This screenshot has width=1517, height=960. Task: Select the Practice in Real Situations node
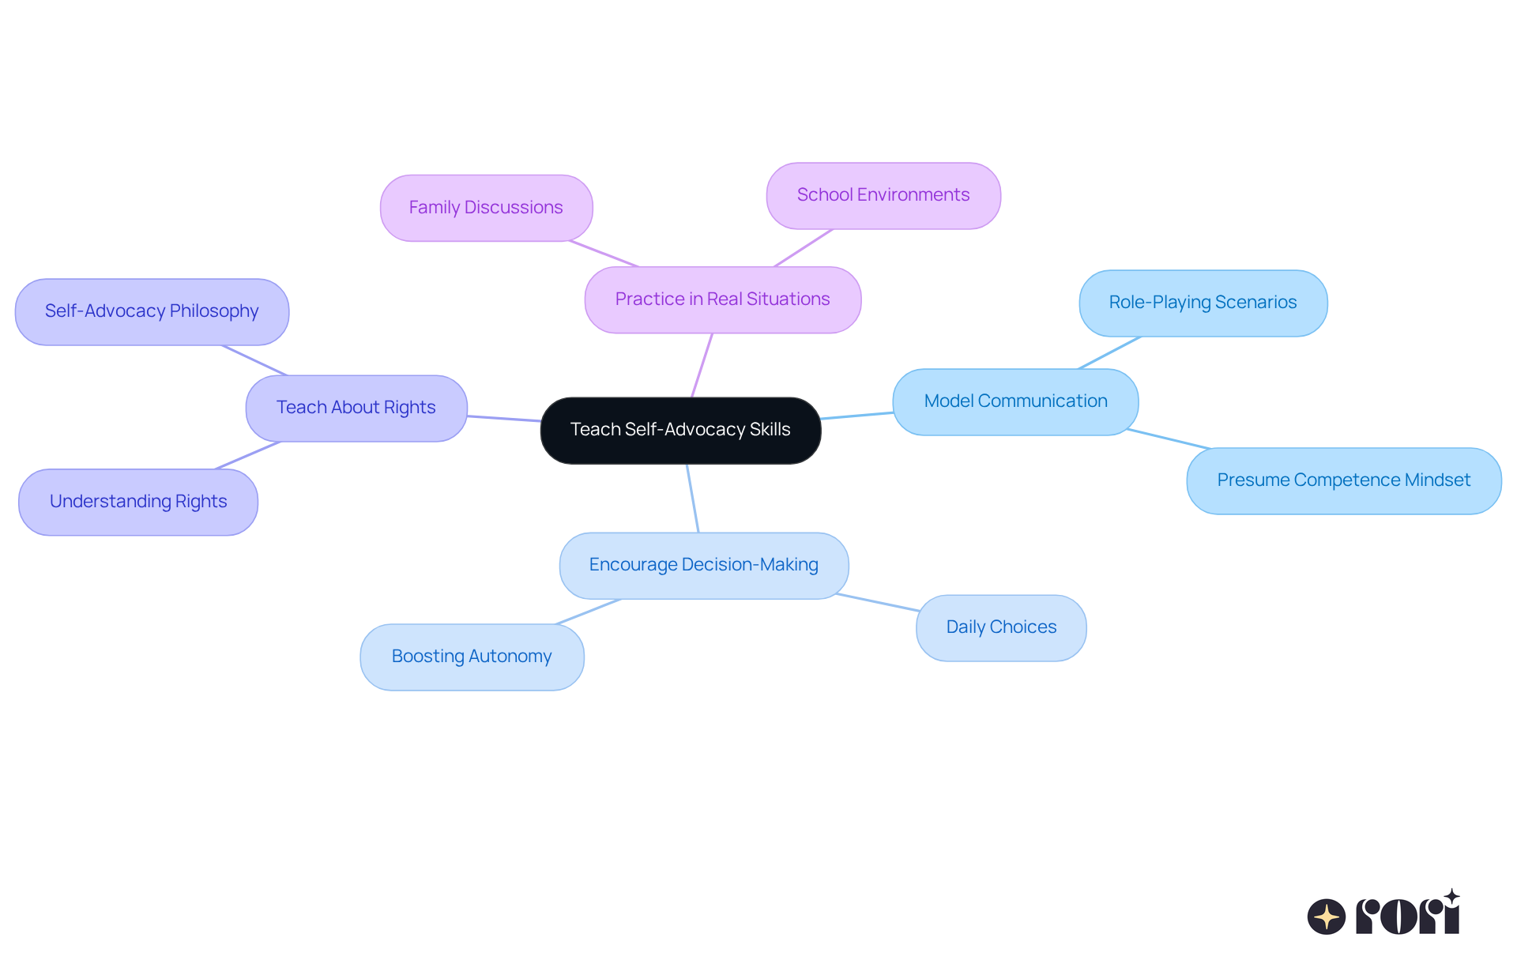722,299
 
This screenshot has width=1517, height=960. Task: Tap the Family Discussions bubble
486,208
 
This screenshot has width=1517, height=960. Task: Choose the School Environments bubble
883,195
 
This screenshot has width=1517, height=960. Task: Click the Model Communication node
1015,401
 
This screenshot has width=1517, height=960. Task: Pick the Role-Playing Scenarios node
1203,303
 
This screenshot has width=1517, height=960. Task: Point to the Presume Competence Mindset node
1343,480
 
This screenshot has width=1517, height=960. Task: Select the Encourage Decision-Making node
703,565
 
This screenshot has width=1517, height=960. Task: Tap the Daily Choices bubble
1001,627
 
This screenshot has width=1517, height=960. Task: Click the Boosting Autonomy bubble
472,657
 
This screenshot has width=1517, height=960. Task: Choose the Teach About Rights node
356,408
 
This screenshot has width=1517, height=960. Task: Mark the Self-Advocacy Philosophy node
152,311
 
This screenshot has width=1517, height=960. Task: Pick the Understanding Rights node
138,502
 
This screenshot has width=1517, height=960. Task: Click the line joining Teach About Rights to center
504,418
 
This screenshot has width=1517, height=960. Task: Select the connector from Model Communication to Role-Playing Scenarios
1109,352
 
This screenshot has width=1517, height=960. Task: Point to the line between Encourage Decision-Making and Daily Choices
877,602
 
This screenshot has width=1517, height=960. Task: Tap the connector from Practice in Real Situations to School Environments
803,248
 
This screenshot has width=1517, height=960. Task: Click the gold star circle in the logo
1326,917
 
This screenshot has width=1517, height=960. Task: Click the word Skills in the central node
770,430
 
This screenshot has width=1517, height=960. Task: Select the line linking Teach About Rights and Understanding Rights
247,455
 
